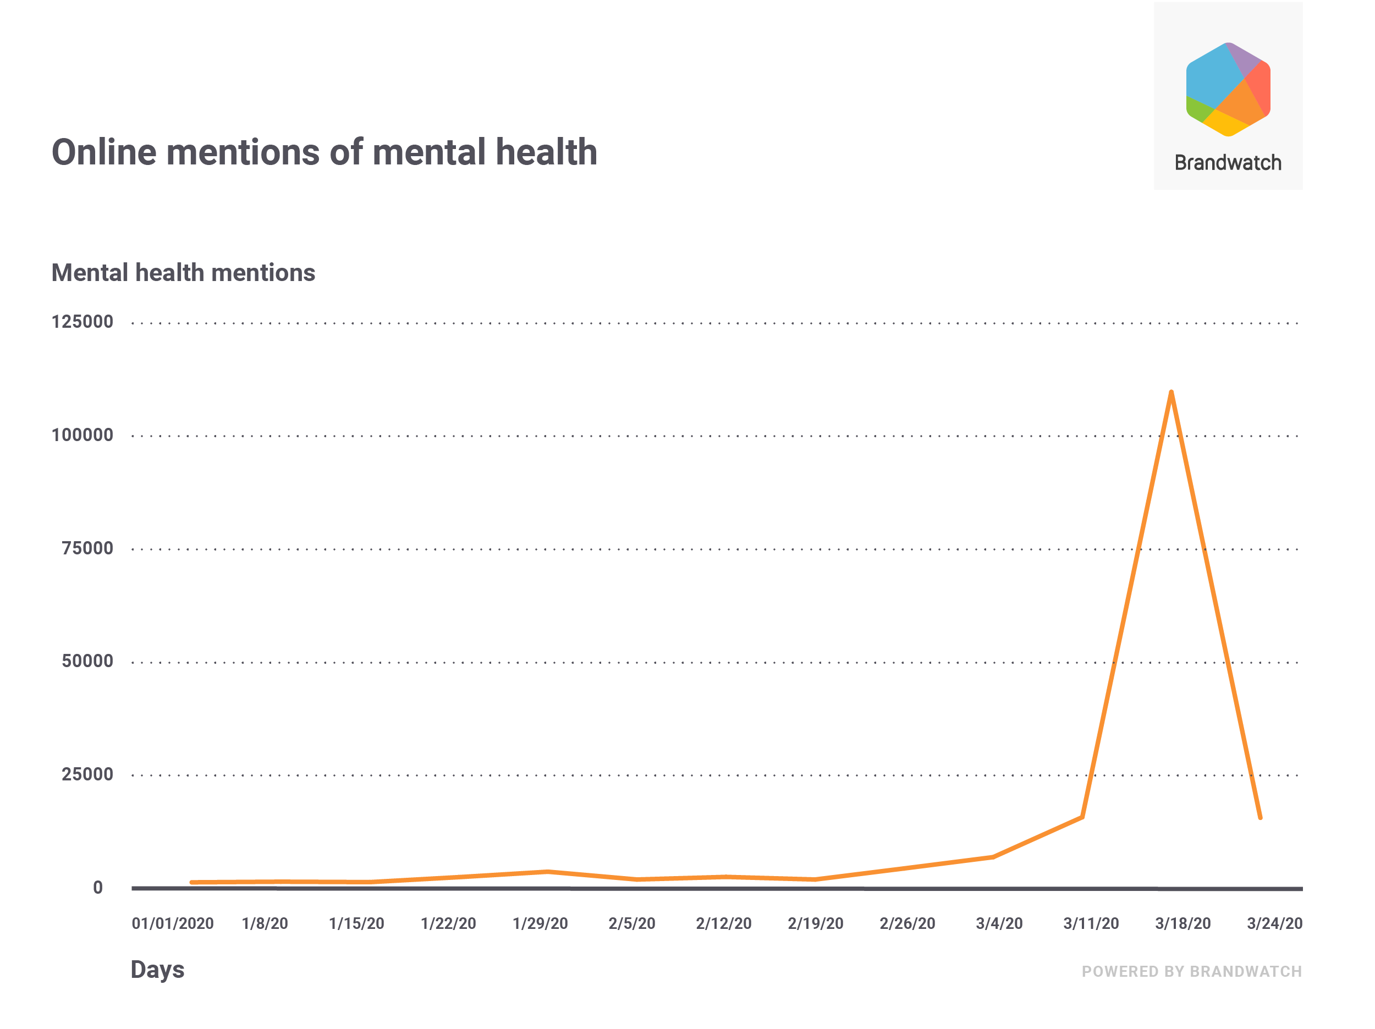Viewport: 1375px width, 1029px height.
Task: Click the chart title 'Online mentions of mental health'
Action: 324,152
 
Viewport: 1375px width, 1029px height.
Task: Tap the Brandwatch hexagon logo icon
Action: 1228,90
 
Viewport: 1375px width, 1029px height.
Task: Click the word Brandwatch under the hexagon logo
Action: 1228,163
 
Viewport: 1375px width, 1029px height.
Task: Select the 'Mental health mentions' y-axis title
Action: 183,273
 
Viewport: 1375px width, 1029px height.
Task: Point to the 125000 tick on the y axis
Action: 82,322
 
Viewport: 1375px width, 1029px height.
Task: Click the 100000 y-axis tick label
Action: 82,435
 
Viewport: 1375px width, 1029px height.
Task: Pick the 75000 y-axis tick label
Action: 87,548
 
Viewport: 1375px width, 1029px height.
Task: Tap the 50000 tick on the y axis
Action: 87,661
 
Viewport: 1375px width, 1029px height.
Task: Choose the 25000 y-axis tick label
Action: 87,774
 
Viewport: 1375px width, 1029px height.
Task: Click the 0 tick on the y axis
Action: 98,887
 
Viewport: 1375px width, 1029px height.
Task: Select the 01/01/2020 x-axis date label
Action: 172,923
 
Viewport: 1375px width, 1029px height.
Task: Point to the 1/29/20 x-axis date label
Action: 540,923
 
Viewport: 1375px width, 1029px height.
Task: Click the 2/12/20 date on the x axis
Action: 724,923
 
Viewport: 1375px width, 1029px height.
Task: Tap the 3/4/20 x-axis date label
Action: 999,923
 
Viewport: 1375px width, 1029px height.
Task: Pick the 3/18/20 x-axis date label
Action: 1183,923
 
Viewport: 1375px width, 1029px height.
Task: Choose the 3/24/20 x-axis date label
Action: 1274,923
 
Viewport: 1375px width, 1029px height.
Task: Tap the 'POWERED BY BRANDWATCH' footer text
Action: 1192,971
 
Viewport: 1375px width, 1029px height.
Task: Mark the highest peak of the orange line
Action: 1171,392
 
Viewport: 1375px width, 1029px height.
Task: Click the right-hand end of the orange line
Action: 1260,818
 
